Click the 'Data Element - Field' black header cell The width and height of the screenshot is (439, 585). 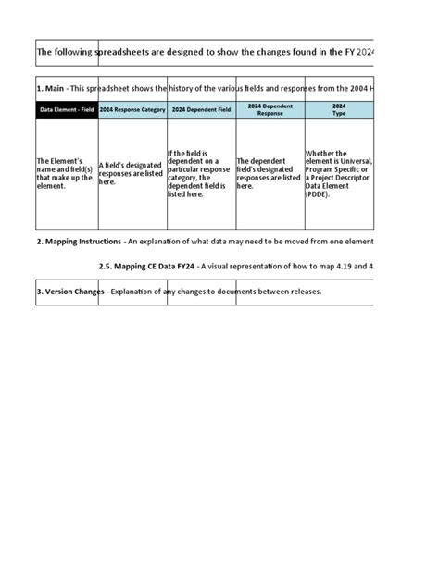tap(66, 110)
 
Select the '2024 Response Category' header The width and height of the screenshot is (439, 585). tap(132, 110)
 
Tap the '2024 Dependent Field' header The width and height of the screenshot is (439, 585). tap(202, 110)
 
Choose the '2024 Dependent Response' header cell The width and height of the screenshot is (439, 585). tap(270, 110)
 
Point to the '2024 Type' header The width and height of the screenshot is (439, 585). tap(339, 110)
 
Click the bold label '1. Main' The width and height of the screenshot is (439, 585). tap(51, 88)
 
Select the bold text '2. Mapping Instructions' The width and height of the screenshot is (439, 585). tap(79, 242)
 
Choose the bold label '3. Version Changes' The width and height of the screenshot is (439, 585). tap(70, 292)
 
